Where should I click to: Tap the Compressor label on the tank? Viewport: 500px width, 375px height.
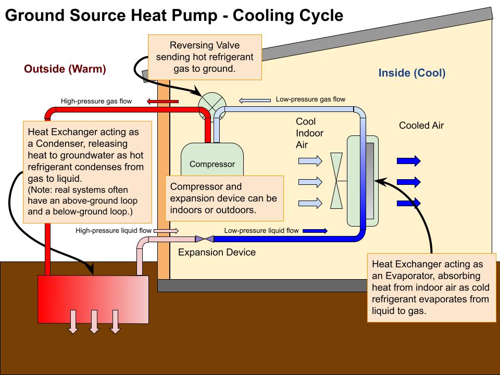pyautogui.click(x=212, y=165)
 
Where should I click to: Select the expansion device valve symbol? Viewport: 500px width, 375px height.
pyautogui.click(x=204, y=239)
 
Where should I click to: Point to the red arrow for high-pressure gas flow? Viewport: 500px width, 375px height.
pyautogui.click(x=162, y=101)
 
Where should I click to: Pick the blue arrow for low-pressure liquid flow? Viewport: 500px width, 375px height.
pyautogui.click(x=315, y=230)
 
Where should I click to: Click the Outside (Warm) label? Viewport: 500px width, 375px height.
pyautogui.click(x=65, y=69)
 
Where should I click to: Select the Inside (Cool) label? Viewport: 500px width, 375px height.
pyautogui.click(x=412, y=73)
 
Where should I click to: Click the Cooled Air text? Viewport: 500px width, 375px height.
pyautogui.click(x=421, y=126)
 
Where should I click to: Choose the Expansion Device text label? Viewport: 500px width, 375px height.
pyautogui.click(x=217, y=253)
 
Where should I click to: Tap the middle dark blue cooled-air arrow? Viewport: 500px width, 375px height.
pyautogui.click(x=408, y=182)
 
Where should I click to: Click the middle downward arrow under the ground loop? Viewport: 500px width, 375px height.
pyautogui.click(x=94, y=321)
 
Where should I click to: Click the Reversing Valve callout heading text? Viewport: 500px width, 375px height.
pyautogui.click(x=205, y=45)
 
